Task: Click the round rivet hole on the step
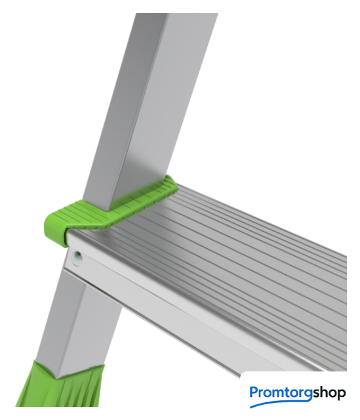tap(77, 259)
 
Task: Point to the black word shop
tap(329, 394)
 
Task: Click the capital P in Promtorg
tap(254, 392)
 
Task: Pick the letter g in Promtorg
tap(308, 395)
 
